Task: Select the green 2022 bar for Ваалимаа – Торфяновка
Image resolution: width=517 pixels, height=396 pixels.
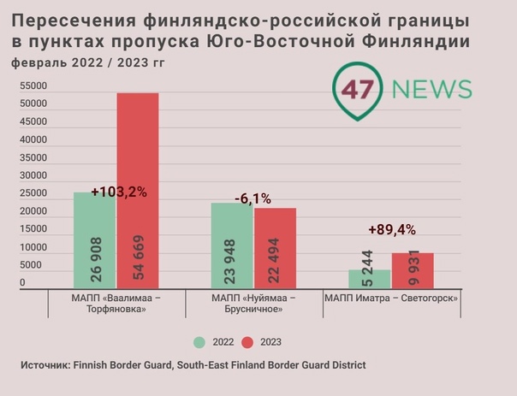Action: [94, 239]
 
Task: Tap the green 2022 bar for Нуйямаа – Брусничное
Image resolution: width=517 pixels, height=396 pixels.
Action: [231, 246]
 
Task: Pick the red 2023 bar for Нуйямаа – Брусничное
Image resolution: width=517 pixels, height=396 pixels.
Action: [275, 248]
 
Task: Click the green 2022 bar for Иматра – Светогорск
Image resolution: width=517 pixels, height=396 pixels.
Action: [369, 280]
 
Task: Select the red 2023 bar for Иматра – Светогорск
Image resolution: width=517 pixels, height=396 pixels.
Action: [413, 271]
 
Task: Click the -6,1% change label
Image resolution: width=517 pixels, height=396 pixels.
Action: [253, 198]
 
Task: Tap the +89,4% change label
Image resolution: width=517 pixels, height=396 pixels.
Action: [392, 229]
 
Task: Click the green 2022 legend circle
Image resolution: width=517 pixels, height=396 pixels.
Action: [199, 342]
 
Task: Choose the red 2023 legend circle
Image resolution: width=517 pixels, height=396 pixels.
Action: [247, 342]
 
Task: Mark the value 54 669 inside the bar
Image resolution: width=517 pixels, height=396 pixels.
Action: [139, 257]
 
